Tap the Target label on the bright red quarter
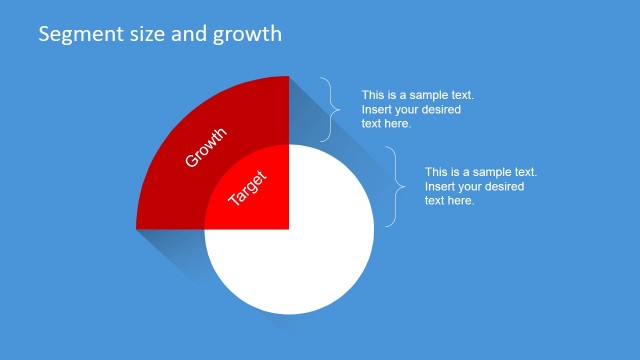[248, 187]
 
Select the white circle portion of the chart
[300, 260]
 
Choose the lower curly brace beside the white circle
[395, 186]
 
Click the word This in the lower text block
[437, 172]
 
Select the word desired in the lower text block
[504, 186]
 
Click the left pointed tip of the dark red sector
[138, 229]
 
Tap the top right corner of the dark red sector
[288, 77]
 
